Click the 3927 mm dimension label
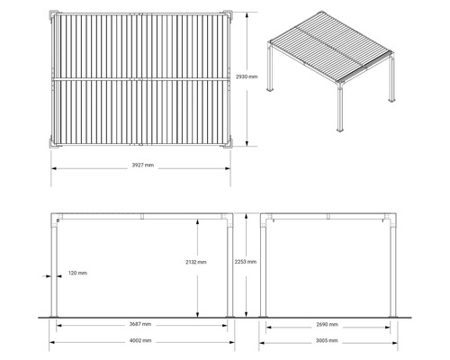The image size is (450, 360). click(x=141, y=166)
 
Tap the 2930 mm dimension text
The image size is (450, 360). click(x=247, y=77)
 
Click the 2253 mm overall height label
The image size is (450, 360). click(x=246, y=262)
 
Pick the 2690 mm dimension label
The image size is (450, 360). click(x=328, y=324)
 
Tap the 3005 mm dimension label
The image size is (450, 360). click(x=328, y=342)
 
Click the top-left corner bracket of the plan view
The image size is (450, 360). click(x=52, y=16)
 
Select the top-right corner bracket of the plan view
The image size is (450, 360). click(x=227, y=16)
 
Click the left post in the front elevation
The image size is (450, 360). click(x=56, y=270)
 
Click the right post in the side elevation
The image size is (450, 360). click(x=391, y=270)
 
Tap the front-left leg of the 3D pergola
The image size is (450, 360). click(x=340, y=108)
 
